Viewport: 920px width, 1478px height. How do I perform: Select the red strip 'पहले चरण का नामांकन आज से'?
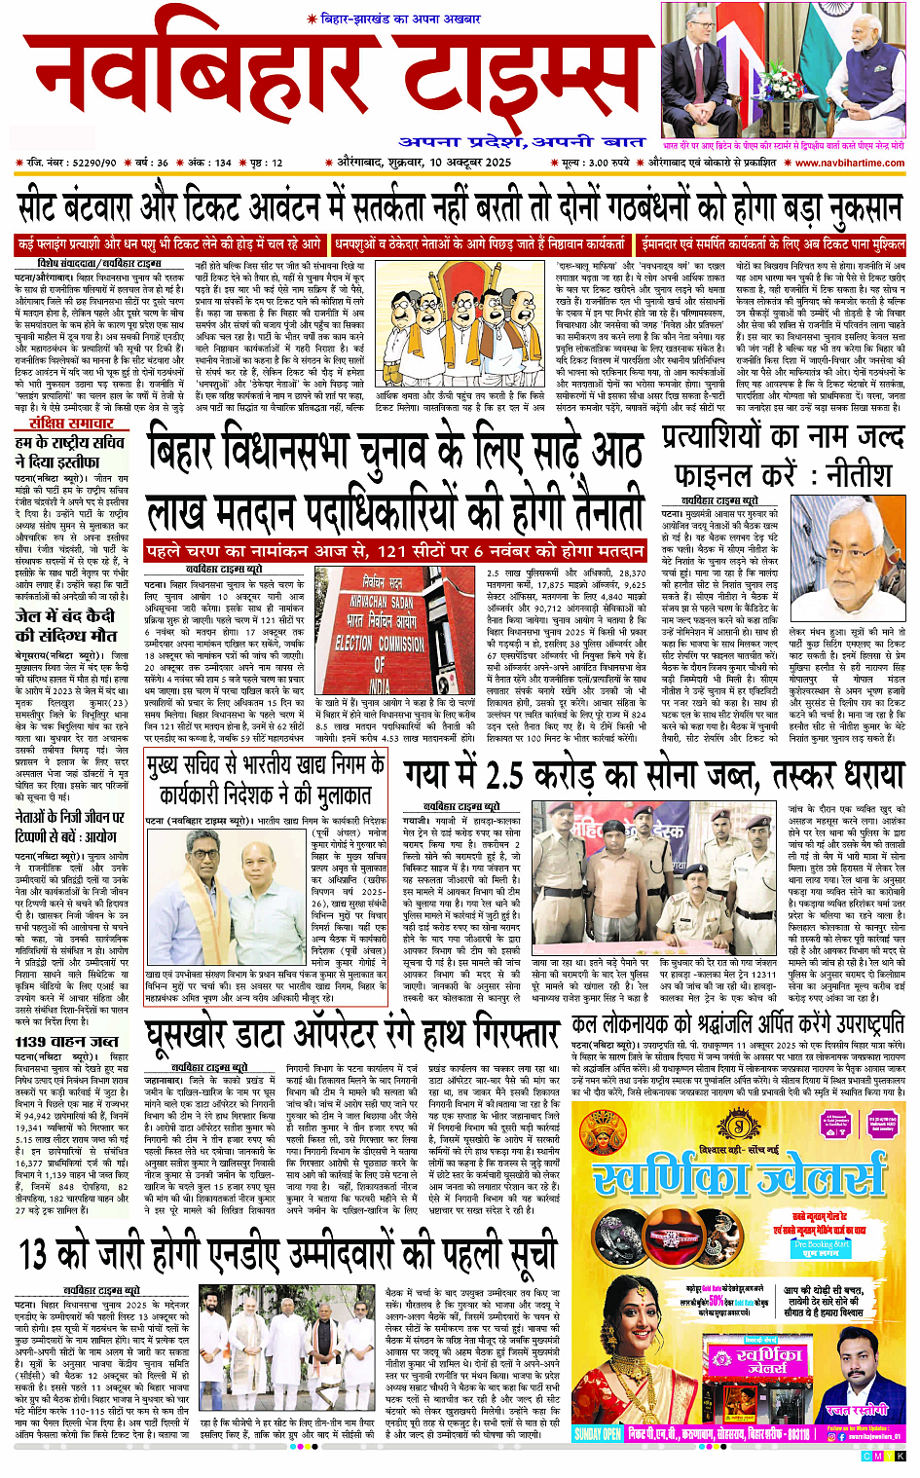pos(394,550)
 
